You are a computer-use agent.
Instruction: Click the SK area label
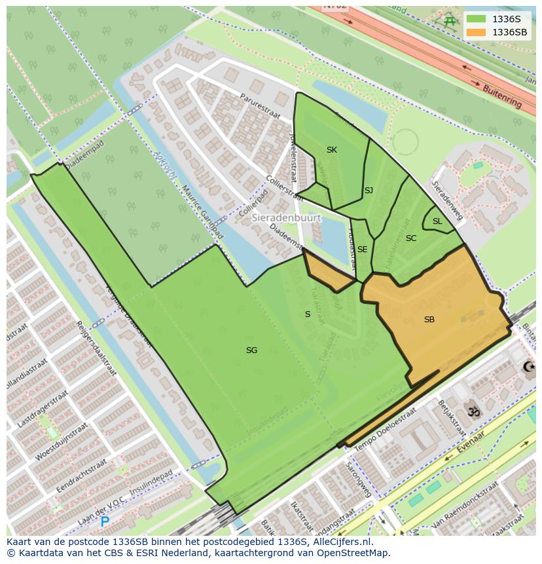point(332,150)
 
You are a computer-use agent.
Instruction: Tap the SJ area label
point(369,191)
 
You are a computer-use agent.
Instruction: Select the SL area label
point(437,221)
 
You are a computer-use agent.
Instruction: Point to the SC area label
point(411,238)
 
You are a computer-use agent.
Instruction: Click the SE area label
point(362,250)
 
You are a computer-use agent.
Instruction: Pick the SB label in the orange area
point(429,320)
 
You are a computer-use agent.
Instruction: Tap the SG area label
point(251,350)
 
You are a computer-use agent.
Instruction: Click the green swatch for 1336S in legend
point(476,19)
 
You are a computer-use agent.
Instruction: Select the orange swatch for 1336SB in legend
point(476,32)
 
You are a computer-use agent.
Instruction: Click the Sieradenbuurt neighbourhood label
point(286,217)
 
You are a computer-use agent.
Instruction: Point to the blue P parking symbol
point(105,522)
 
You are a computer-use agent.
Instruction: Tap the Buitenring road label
point(503,96)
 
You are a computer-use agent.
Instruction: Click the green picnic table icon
point(450,21)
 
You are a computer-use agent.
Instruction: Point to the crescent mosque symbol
point(528,367)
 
